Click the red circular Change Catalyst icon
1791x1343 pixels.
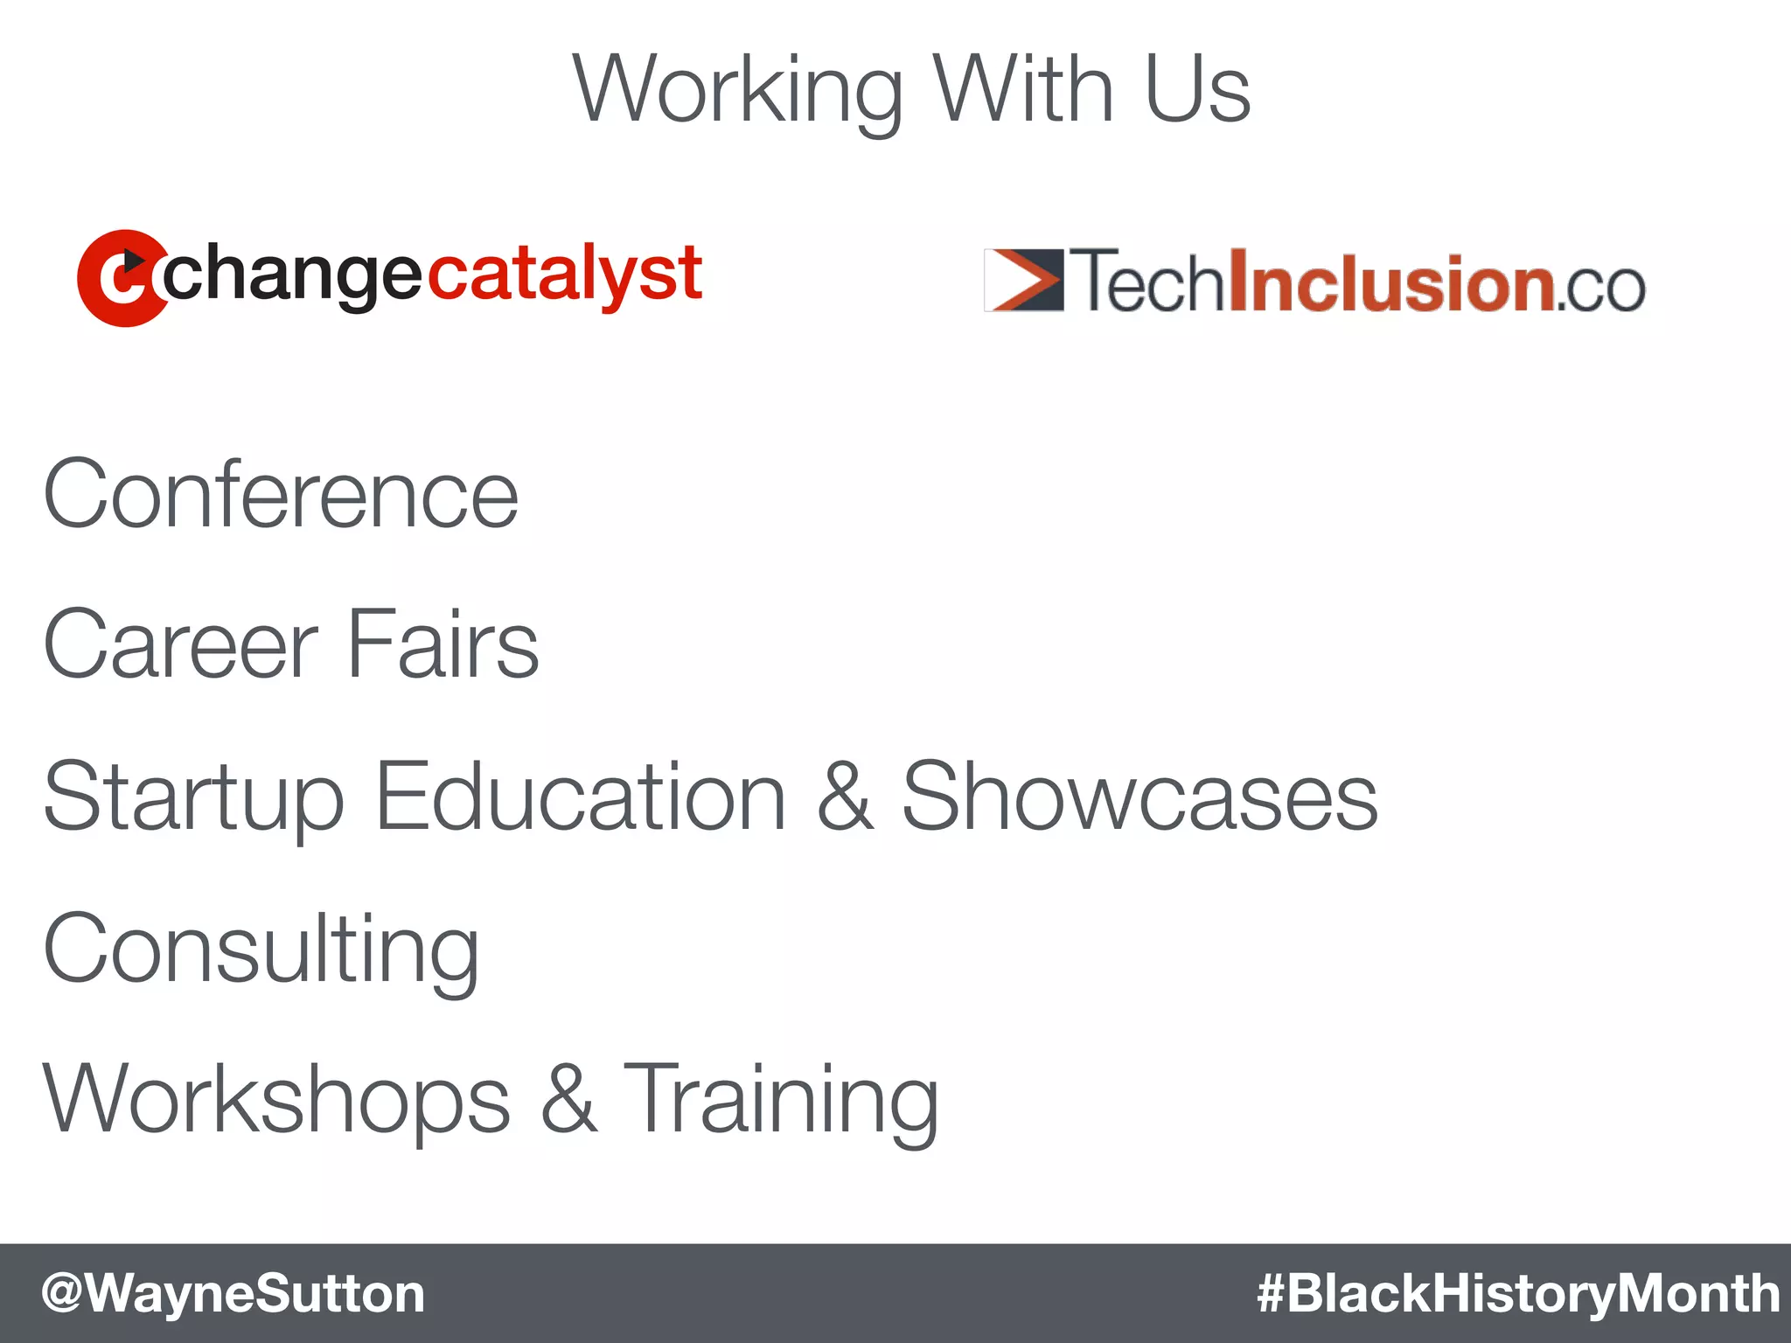click(x=121, y=278)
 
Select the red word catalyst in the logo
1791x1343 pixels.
click(x=565, y=274)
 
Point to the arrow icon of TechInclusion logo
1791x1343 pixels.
click(x=1024, y=280)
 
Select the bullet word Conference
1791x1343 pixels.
click(x=281, y=495)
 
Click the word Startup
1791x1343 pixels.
click(x=193, y=797)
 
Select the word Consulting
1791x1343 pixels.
click(x=261, y=950)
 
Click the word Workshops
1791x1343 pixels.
click(x=276, y=1099)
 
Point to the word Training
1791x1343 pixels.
click(x=780, y=1101)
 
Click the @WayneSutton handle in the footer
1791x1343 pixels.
click(x=233, y=1293)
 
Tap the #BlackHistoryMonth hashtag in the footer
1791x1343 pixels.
click(x=1518, y=1293)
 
